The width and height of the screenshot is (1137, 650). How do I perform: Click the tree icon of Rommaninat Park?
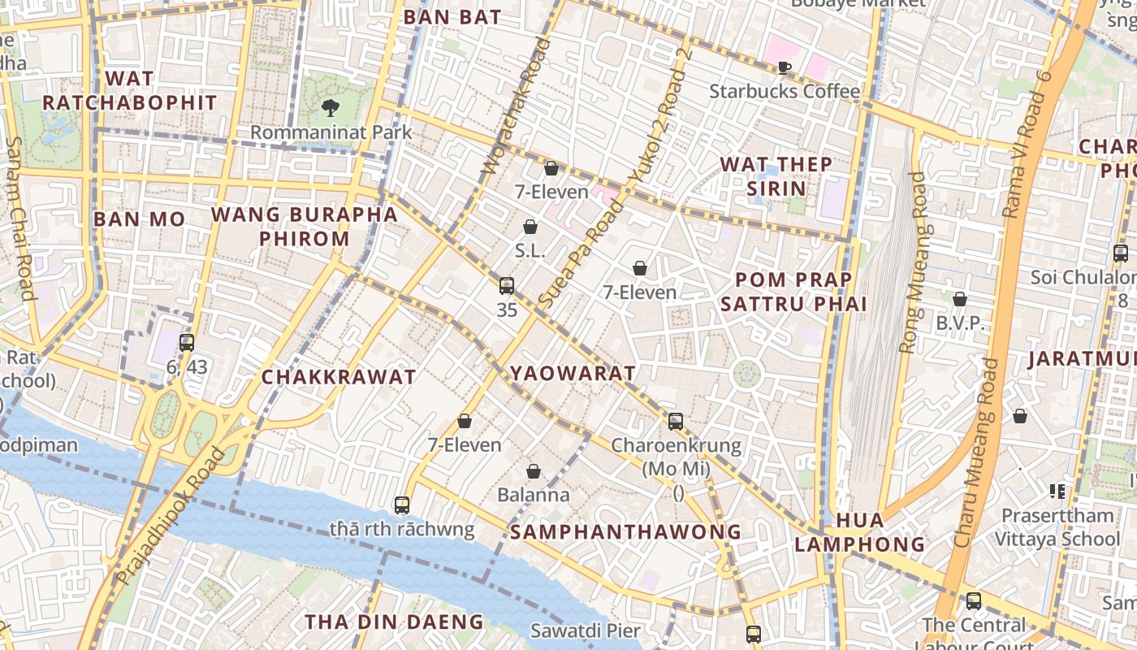click(330, 107)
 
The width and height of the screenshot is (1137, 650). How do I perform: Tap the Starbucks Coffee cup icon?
click(784, 67)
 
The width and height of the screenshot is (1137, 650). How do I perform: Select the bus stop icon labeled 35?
click(507, 286)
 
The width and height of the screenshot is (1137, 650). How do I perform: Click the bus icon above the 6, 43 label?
click(187, 343)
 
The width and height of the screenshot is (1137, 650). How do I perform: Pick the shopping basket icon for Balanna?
click(534, 471)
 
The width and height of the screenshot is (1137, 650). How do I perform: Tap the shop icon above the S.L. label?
click(530, 227)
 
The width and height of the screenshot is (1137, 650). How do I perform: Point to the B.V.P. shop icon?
click(960, 299)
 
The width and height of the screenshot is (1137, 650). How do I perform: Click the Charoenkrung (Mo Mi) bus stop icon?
click(676, 421)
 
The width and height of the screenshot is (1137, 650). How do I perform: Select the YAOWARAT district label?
click(573, 374)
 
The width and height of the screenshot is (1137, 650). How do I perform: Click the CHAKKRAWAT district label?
click(339, 377)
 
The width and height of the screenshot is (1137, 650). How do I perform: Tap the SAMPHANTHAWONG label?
click(625, 532)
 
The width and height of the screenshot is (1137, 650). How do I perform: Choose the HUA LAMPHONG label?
click(859, 532)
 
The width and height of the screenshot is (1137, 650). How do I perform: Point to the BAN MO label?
click(139, 219)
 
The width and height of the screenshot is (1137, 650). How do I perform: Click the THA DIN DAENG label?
click(394, 622)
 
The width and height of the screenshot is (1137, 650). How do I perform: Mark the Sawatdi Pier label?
click(585, 630)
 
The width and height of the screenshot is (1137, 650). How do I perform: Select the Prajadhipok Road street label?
click(169, 517)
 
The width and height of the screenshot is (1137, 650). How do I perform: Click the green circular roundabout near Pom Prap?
click(746, 375)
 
